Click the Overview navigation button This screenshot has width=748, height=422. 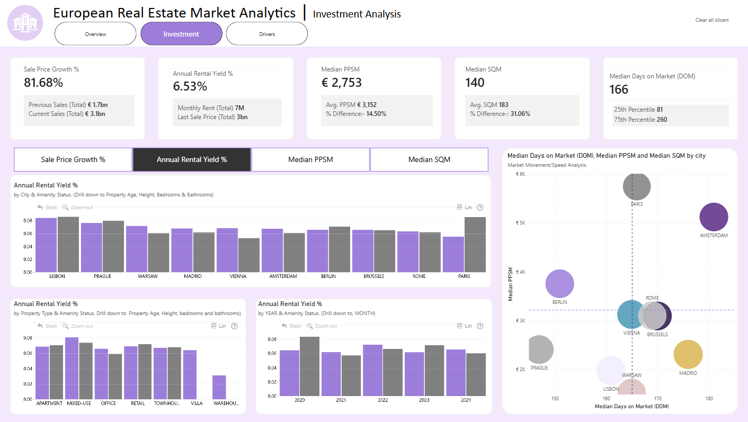coord(95,34)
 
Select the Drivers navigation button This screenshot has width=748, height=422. coord(267,34)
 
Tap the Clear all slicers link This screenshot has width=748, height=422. coord(712,20)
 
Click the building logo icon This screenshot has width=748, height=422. coord(25,23)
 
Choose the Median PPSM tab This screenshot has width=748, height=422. coord(310,159)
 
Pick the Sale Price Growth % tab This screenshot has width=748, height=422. coord(73,159)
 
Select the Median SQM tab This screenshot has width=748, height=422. coord(429,159)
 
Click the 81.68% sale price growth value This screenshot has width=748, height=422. coord(43,83)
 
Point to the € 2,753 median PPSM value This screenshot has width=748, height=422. coord(341,83)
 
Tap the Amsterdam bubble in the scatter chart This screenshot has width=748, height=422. coord(714,217)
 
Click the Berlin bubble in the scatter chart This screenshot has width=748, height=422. coord(559,284)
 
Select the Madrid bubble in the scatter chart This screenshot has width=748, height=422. coord(688,354)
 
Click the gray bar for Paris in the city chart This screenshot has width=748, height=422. coord(475,245)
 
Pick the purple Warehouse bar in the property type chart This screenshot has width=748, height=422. coord(219,387)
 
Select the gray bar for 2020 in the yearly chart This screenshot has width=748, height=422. coord(309,366)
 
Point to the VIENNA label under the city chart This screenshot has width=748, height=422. coord(238,276)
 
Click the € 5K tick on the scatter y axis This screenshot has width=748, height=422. coord(521,223)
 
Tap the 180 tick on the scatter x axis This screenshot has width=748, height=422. coord(709,398)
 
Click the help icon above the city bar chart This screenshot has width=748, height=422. coord(480,208)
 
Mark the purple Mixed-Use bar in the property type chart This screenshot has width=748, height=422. coord(72,368)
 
